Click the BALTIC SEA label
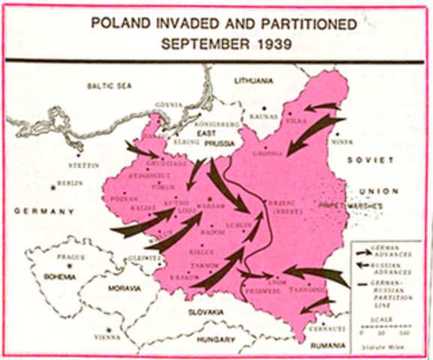point(109,87)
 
